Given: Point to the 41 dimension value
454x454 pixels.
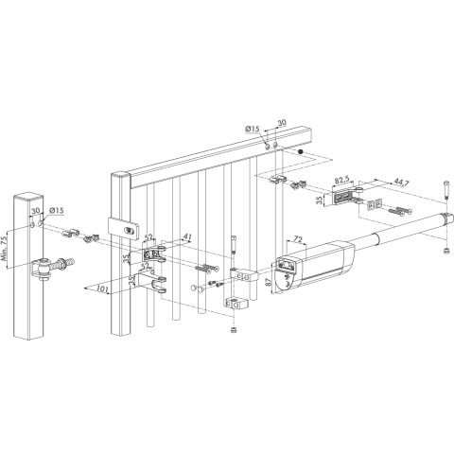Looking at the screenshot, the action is (x=187, y=236).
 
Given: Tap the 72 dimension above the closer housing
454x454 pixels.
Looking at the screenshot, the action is (x=298, y=239).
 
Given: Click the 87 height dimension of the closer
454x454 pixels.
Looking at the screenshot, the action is (x=269, y=282).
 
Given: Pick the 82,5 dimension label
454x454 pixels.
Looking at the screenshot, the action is (x=340, y=181).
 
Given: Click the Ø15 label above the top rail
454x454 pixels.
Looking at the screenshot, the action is (x=252, y=129).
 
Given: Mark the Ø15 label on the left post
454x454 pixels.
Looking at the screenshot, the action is (x=57, y=210).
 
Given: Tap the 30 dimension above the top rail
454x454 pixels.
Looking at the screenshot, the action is (x=282, y=123).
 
